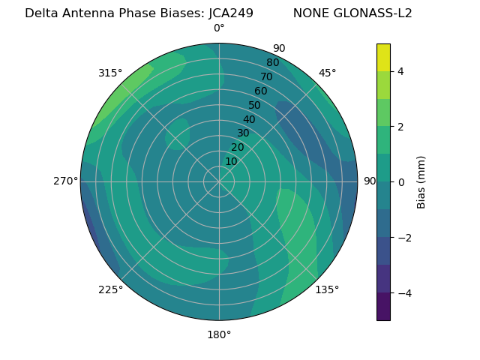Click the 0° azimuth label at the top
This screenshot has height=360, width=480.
coord(219,28)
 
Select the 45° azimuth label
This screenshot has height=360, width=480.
coord(327,73)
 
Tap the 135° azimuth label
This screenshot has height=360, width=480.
coord(327,289)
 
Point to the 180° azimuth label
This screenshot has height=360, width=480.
coord(219,334)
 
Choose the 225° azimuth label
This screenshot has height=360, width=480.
coord(110,289)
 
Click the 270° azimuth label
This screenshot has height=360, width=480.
coord(65,181)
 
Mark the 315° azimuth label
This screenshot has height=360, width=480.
coord(110,73)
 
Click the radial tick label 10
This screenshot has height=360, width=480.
coord(231,161)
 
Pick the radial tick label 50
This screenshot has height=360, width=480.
coord(255,105)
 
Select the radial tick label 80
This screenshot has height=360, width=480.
coord(273,62)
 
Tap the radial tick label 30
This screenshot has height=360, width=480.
coord(243,133)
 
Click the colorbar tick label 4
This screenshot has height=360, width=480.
coord(401,71)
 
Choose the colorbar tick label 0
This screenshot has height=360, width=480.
coord(401,182)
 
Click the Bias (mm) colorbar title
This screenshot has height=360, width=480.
coord(421,182)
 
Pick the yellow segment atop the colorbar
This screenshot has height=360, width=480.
coord(383,57)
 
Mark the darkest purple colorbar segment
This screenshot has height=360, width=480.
coord(383,307)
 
